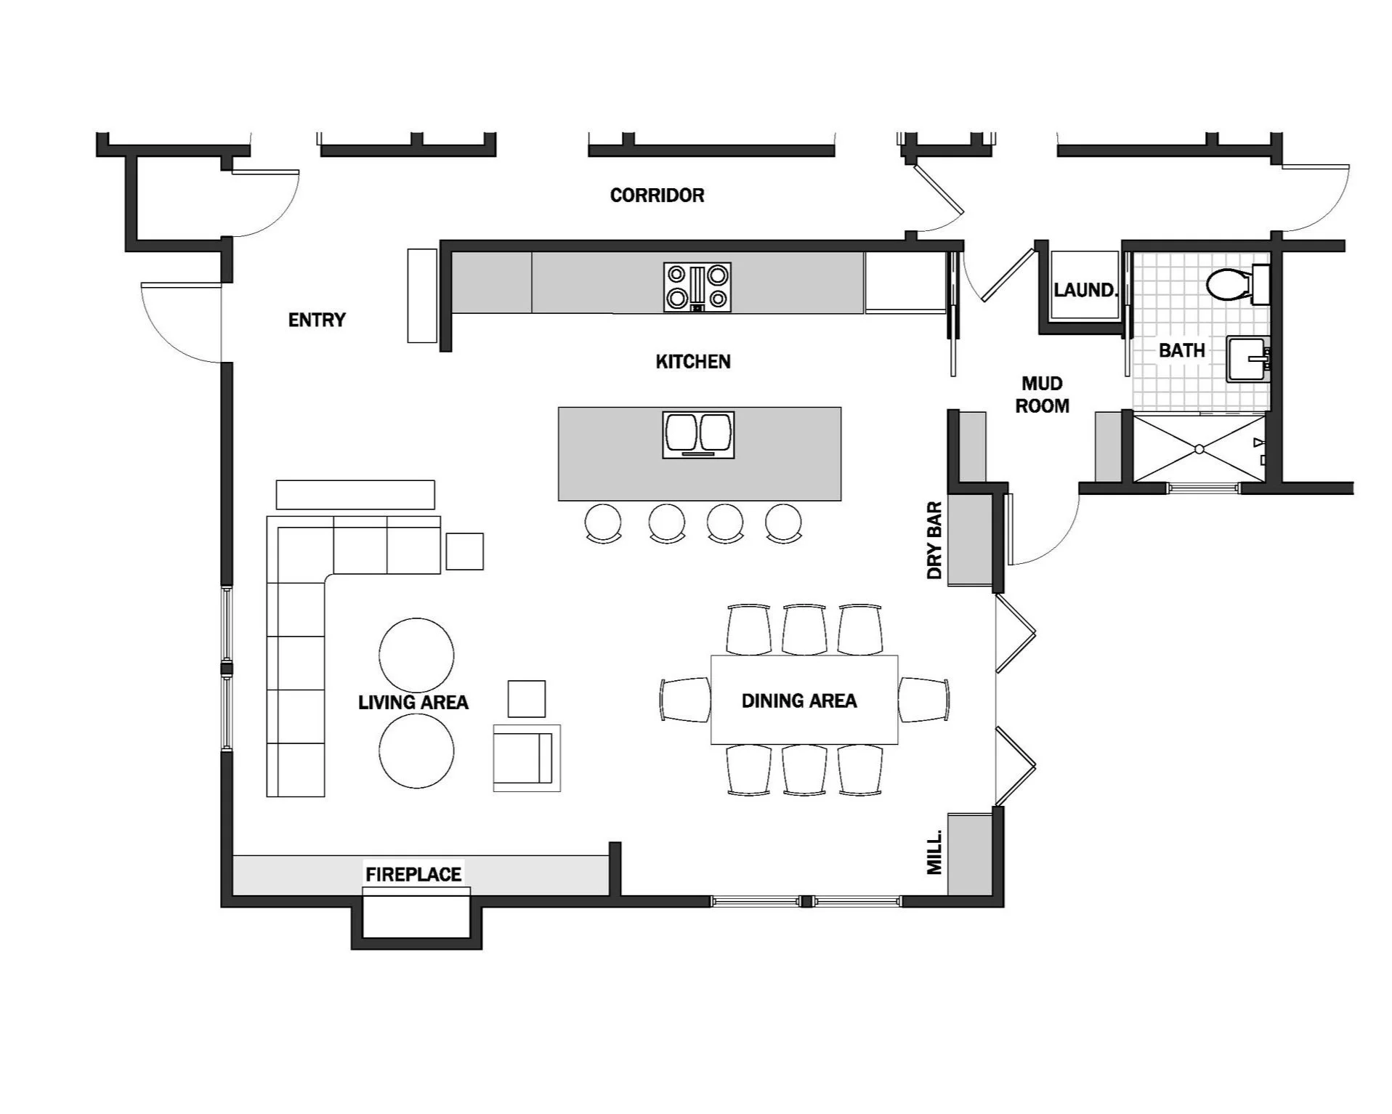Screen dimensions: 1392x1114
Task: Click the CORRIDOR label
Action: pos(657,195)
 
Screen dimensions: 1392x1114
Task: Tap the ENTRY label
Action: pos(317,320)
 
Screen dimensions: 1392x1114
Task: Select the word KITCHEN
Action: pos(693,362)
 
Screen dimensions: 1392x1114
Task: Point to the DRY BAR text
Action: pos(934,540)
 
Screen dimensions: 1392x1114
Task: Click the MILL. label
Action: pos(935,852)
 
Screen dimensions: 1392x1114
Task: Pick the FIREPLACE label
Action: pos(413,874)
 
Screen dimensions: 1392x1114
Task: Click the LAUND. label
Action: pos(1085,291)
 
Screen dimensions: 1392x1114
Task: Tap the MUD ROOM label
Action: pos(1042,395)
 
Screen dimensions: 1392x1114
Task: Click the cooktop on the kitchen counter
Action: pos(697,287)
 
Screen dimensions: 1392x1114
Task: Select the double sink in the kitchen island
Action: pos(698,434)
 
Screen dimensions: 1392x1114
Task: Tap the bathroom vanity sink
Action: pos(1247,359)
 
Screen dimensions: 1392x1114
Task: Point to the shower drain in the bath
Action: pos(1199,449)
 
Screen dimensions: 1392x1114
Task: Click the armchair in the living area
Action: pos(526,757)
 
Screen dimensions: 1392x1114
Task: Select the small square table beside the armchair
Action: pos(526,699)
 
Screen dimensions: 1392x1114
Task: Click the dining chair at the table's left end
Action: pos(686,700)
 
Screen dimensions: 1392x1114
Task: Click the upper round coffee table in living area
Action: pos(416,655)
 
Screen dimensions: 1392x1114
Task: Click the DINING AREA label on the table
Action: pos(799,701)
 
